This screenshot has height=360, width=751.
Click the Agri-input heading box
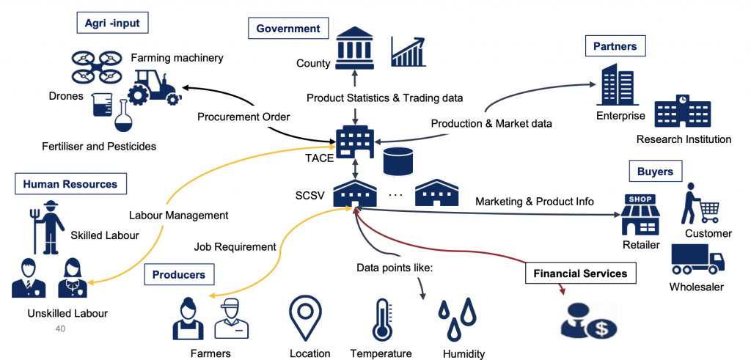(x=112, y=23)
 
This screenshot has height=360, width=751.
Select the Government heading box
(x=287, y=29)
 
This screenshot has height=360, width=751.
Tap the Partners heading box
(x=615, y=47)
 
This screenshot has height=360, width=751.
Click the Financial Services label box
(x=580, y=273)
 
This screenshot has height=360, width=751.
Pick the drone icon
(x=96, y=65)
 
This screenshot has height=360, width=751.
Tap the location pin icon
(x=305, y=317)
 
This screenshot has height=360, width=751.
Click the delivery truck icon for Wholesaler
(x=697, y=259)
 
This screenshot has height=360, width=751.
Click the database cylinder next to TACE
(x=398, y=161)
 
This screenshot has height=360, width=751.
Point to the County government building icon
(x=354, y=48)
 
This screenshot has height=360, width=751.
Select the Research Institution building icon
(x=683, y=112)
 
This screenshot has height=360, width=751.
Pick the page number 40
(x=60, y=329)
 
